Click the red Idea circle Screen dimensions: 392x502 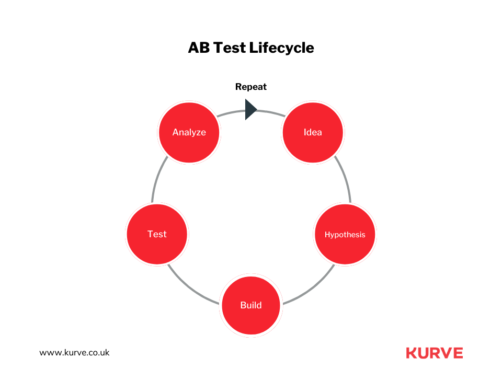point(313,132)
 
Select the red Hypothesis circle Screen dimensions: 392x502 point(345,234)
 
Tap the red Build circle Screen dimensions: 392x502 point(251,305)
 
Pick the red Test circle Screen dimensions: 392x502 point(157,234)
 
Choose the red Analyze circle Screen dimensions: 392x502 point(189,132)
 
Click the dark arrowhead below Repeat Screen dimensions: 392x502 point(250,110)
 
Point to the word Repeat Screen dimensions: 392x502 point(251,87)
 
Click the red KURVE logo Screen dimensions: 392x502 point(434,353)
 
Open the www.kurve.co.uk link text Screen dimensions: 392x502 point(75,352)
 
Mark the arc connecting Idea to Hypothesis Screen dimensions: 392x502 point(346,178)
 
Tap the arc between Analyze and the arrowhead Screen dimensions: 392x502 point(230,112)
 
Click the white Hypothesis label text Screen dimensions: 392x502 point(345,235)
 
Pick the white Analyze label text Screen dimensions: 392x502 point(189,132)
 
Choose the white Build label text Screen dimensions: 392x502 point(251,305)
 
